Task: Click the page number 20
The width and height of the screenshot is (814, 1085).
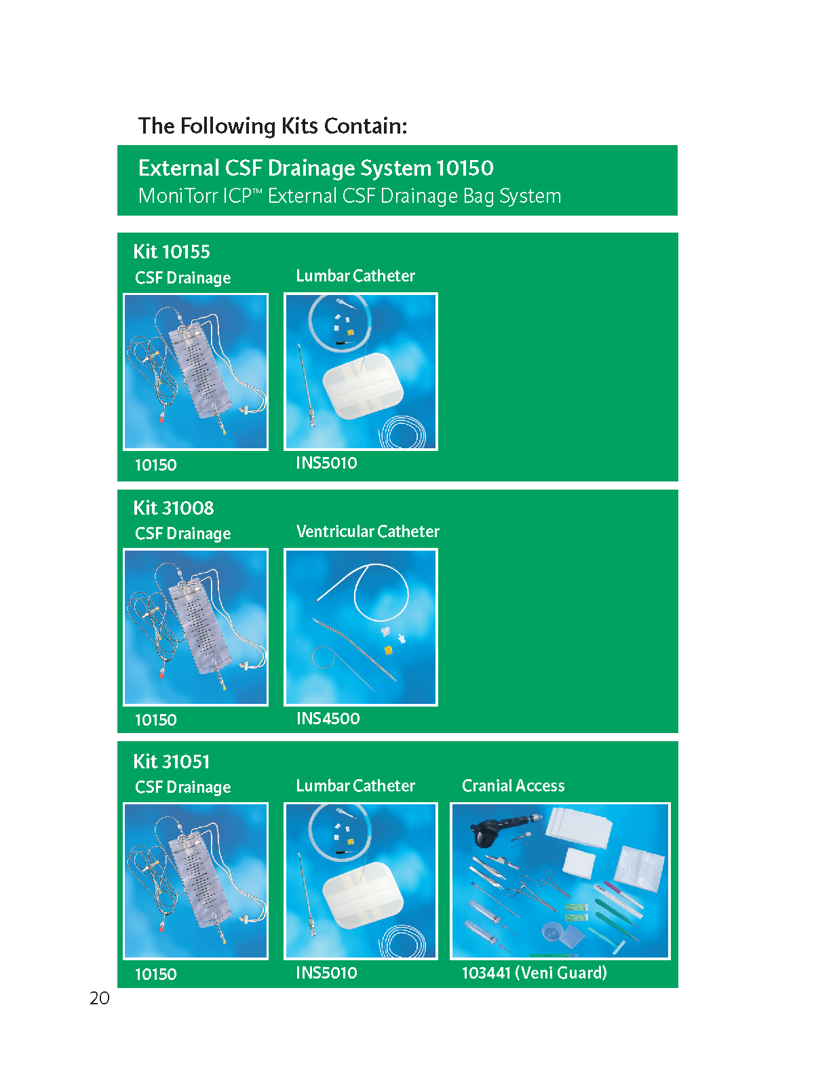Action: click(99, 998)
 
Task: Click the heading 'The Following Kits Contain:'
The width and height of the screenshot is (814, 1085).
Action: click(272, 126)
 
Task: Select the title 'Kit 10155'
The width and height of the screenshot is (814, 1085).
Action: click(172, 252)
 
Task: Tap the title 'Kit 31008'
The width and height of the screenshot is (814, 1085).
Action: click(174, 508)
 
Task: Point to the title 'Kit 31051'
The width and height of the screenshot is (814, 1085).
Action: click(172, 762)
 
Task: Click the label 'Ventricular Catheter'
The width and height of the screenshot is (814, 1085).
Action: click(368, 531)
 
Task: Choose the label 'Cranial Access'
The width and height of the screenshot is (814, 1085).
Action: click(513, 785)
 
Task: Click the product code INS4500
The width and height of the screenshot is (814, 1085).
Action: click(328, 718)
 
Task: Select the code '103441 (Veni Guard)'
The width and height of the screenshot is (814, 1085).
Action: click(535, 972)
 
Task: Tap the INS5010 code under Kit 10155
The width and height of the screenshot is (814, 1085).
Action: click(327, 462)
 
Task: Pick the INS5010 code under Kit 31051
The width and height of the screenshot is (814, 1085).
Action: click(327, 972)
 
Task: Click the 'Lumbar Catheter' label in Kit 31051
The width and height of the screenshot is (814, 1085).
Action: click(355, 785)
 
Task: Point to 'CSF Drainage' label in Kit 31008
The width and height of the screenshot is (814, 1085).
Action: click(183, 534)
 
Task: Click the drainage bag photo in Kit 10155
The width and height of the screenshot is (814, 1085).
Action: click(196, 372)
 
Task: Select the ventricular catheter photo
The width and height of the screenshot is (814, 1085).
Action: click(361, 627)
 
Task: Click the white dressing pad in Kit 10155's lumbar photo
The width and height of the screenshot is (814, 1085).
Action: click(364, 386)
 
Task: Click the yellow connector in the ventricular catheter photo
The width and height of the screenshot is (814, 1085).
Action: click(389, 650)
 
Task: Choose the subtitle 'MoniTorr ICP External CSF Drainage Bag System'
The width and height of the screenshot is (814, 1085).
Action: click(349, 196)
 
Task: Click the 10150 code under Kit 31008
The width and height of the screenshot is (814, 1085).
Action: click(156, 719)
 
